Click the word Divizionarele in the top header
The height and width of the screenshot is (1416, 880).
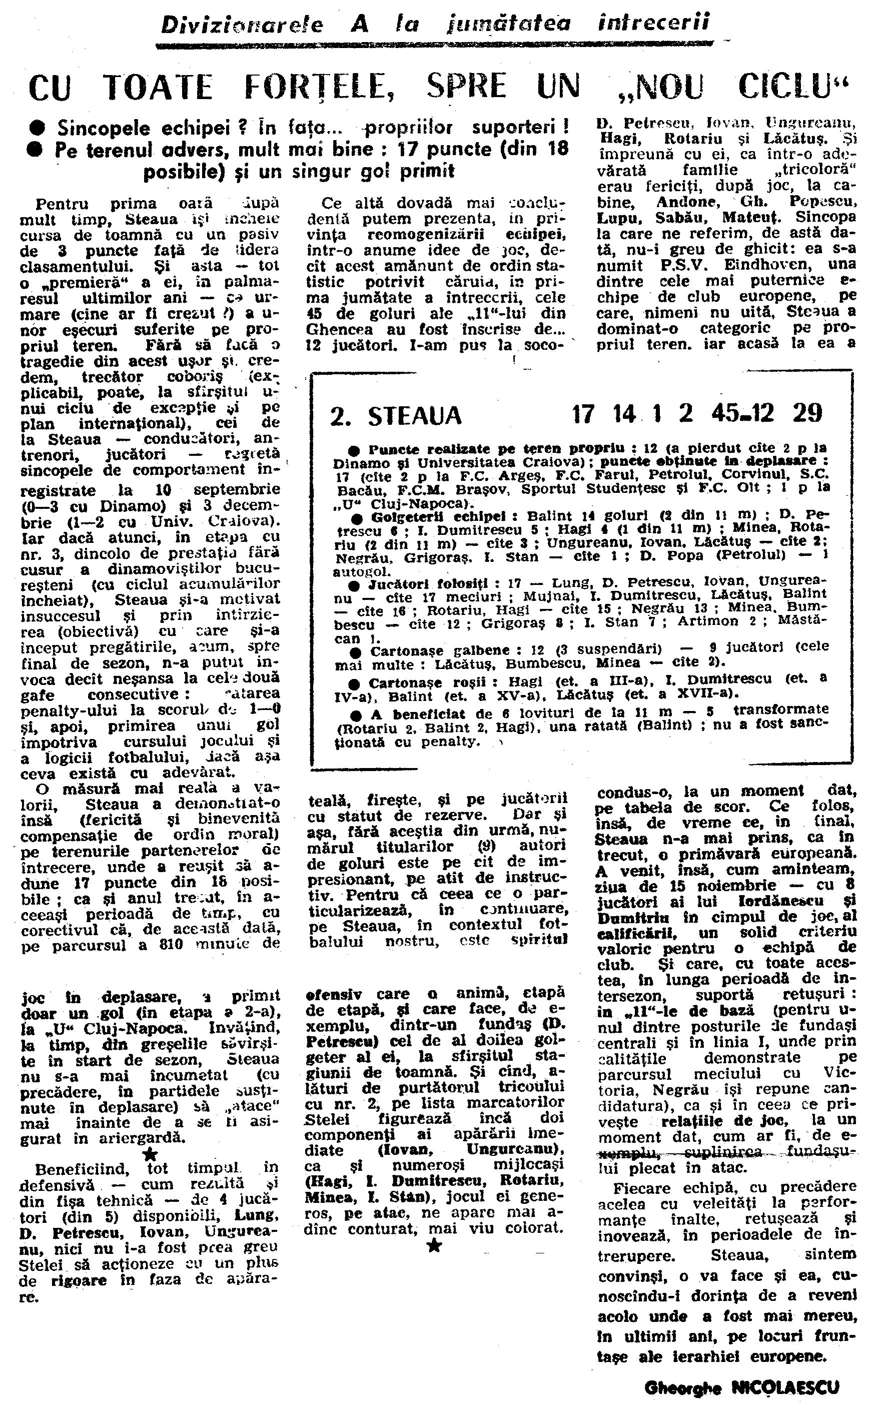[242, 25]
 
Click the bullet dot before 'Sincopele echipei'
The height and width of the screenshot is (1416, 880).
[39, 128]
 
